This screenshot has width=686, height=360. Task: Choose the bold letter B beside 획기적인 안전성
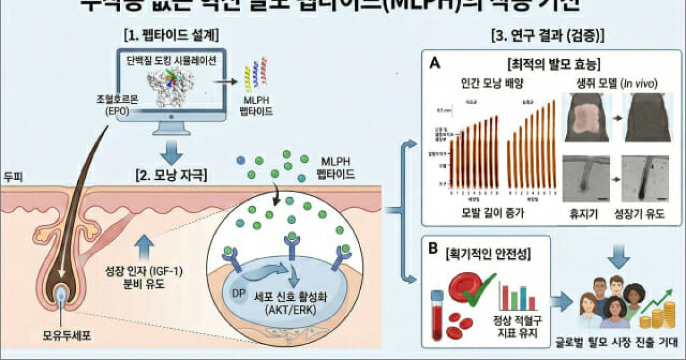coord(434,250)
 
